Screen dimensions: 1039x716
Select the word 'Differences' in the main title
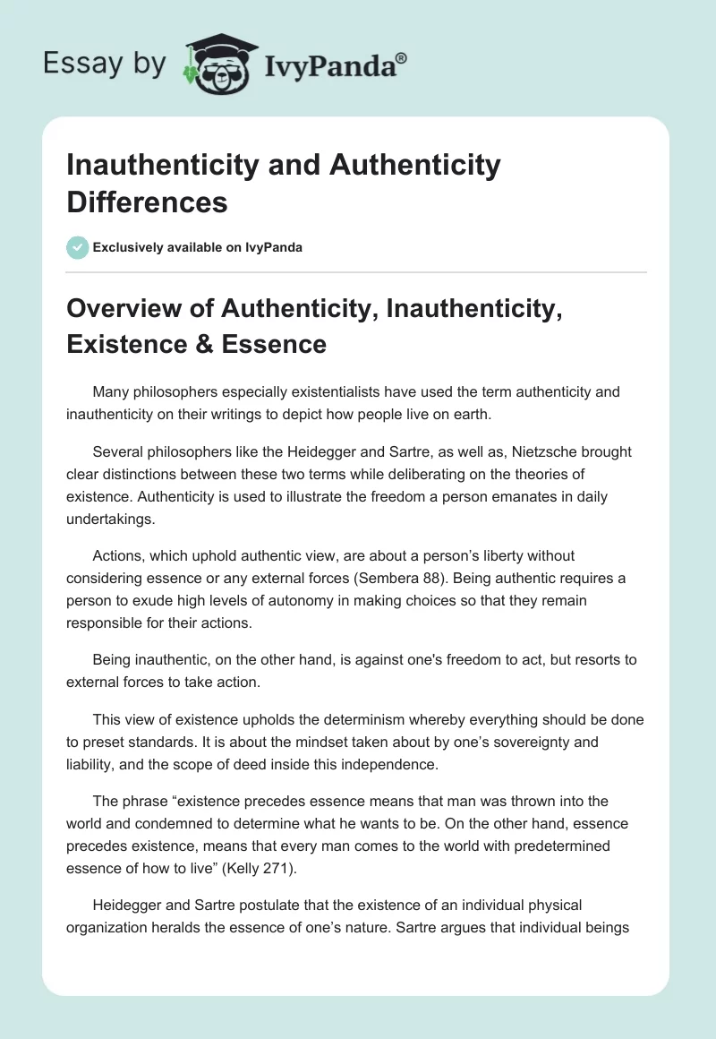[148, 201]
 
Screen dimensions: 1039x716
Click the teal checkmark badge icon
[78, 247]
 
